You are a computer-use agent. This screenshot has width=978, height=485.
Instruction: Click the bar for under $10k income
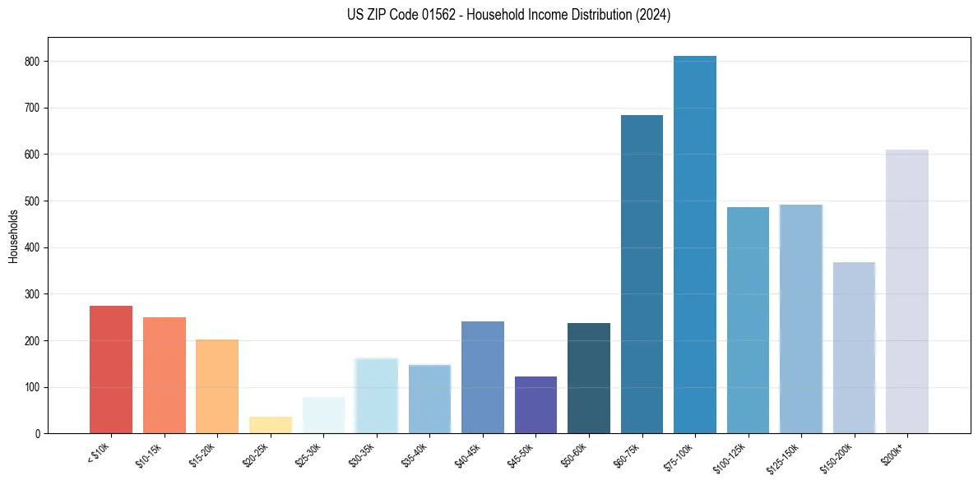point(111,370)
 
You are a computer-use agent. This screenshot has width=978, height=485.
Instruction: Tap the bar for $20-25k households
point(271,425)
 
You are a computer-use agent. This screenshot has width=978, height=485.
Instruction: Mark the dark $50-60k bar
point(589,378)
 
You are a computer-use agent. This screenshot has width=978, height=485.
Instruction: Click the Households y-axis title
point(14,236)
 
